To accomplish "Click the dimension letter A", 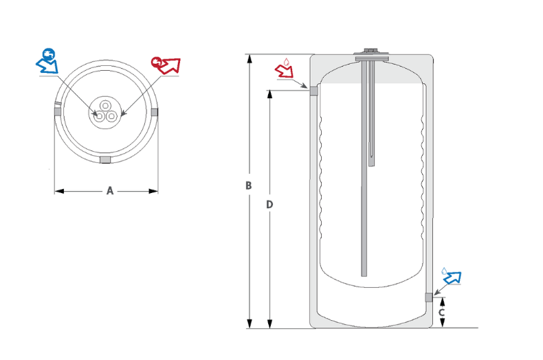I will [109, 191].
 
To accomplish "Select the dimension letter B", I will [249, 185].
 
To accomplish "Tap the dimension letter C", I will [442, 313].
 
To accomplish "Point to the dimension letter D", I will [269, 205].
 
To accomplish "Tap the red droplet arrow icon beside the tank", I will [285, 68].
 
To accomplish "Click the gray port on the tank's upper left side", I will [313, 91].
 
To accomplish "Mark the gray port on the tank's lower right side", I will [429, 297].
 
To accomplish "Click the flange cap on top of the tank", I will [370, 54].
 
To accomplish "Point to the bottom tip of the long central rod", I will [364, 274].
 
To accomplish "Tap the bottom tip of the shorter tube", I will [372, 166].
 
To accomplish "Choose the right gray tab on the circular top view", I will [154, 111].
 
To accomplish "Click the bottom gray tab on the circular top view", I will [105, 160].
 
